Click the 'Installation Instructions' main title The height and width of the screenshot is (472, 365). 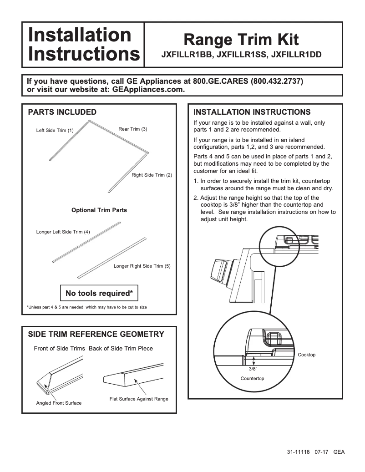pyautogui.click(x=83, y=45)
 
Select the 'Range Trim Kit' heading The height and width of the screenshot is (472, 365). pyautogui.click(x=241, y=40)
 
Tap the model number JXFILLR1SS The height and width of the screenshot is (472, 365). pyautogui.click(x=241, y=54)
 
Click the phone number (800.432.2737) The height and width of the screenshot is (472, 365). pyautogui.click(x=277, y=81)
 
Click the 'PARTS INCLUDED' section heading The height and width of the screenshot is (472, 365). pyautogui.click(x=62, y=112)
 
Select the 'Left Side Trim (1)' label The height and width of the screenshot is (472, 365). pyautogui.click(x=55, y=131)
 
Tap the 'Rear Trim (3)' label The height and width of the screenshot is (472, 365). pyautogui.click(x=132, y=129)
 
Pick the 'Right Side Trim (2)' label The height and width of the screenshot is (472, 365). pyautogui.click(x=152, y=175)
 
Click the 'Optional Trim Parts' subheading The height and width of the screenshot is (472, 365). pyautogui.click(x=99, y=210)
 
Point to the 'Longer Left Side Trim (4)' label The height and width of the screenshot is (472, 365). pyautogui.click(x=63, y=232)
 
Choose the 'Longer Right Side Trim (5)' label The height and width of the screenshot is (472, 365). pyautogui.click(x=142, y=266)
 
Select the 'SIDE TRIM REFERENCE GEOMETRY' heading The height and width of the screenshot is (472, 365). pyautogui.click(x=96, y=335)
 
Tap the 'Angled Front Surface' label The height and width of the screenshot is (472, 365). pyautogui.click(x=59, y=403)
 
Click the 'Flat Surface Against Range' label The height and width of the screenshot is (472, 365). pyautogui.click(x=139, y=399)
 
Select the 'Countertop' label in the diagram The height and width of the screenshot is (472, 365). pyautogui.click(x=252, y=379)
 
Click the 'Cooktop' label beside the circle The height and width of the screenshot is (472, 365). pyautogui.click(x=306, y=355)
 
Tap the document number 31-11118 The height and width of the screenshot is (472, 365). pyautogui.click(x=298, y=452)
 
